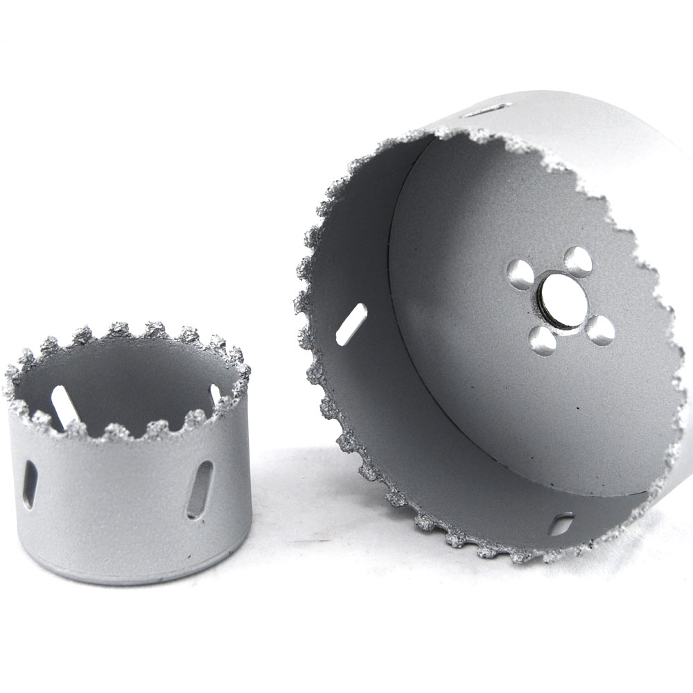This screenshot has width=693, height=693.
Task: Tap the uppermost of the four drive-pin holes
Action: (577, 261)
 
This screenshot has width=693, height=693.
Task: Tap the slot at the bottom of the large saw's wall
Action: (561, 525)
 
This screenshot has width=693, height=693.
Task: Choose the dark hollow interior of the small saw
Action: (132, 388)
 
